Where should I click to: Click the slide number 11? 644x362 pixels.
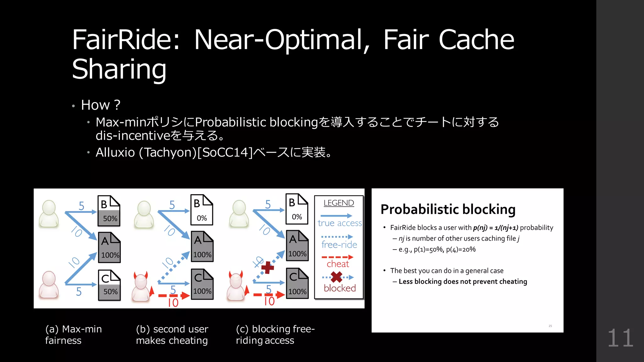coord(620,338)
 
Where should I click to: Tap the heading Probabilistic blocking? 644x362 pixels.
coord(448,209)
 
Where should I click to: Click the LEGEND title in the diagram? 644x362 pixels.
coord(339,203)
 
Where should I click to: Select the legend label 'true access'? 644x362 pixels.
coord(340,223)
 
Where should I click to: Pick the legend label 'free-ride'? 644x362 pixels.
coord(339,244)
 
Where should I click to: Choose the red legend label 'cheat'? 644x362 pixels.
coord(338,264)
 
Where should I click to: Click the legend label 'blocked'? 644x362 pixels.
coord(340,288)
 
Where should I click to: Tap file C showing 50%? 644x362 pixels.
coord(109,285)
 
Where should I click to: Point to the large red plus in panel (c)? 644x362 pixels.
coord(267,268)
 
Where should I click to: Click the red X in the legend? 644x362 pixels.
coord(336,277)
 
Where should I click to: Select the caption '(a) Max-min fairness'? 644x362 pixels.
coord(73,335)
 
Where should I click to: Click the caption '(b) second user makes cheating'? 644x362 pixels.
coord(172,335)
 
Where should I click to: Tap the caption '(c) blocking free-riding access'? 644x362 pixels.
coord(275,335)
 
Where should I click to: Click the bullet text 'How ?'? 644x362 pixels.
coord(101,105)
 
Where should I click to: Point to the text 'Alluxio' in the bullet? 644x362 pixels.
coord(115,152)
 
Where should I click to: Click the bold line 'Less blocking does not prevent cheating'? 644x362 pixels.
coord(463,282)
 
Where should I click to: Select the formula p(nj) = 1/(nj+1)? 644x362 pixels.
coord(495,228)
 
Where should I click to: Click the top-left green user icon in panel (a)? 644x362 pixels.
coord(49,213)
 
